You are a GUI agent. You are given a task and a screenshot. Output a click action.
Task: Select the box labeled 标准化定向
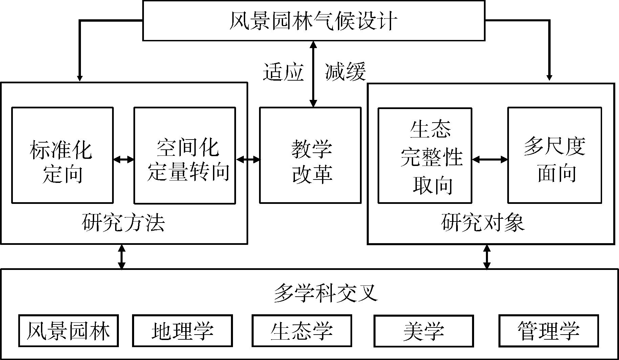(62, 155)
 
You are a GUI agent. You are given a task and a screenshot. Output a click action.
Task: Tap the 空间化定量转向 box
(185, 155)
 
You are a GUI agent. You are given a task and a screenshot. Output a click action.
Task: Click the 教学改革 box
(310, 155)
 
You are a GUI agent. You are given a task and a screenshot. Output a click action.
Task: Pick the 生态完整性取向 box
(425, 155)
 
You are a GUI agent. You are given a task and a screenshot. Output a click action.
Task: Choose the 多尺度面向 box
(555, 155)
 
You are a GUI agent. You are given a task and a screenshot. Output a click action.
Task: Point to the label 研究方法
(123, 223)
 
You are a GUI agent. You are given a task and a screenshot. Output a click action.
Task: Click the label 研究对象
(483, 223)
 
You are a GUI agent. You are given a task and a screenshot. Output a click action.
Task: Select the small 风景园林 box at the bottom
(68, 331)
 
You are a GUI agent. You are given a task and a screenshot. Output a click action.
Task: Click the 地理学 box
(183, 331)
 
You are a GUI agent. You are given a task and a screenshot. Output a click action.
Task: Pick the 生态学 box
(302, 331)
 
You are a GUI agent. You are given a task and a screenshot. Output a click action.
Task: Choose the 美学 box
(424, 331)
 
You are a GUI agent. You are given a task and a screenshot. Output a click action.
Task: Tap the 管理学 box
(549, 331)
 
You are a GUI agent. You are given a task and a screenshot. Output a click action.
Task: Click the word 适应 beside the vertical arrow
(283, 72)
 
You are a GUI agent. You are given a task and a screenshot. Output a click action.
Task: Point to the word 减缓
(345, 72)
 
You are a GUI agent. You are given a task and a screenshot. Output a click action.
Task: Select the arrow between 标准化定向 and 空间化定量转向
(124, 159)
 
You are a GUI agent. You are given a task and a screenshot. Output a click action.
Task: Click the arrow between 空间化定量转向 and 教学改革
(248, 159)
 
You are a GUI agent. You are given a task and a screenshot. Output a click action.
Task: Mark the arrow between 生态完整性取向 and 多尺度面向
(490, 159)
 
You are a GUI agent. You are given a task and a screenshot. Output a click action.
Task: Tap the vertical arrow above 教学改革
(313, 74)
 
